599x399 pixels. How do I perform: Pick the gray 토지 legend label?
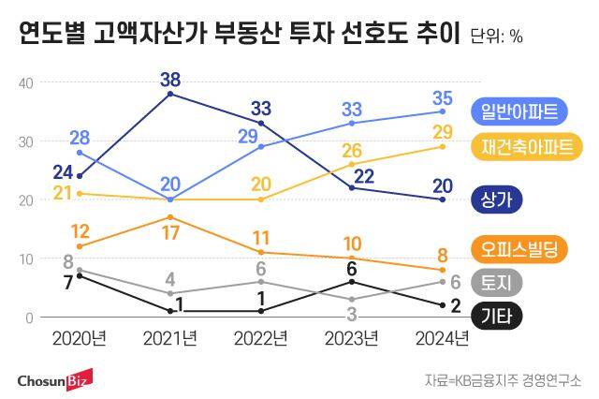pyautogui.click(x=499, y=282)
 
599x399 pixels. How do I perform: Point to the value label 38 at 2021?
pyautogui.click(x=170, y=78)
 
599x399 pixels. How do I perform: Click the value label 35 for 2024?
pyautogui.click(x=443, y=97)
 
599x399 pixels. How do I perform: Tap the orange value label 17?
pyautogui.click(x=170, y=232)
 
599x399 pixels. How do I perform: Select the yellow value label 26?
pyautogui.click(x=352, y=151)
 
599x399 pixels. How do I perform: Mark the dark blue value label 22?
pyautogui.click(x=363, y=175)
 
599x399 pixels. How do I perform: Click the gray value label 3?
pyautogui.click(x=352, y=313)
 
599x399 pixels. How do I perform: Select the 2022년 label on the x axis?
pyautogui.click(x=261, y=338)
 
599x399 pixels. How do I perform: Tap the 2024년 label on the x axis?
pyautogui.click(x=443, y=338)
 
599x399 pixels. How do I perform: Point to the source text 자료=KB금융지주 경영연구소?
pyautogui.click(x=503, y=380)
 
